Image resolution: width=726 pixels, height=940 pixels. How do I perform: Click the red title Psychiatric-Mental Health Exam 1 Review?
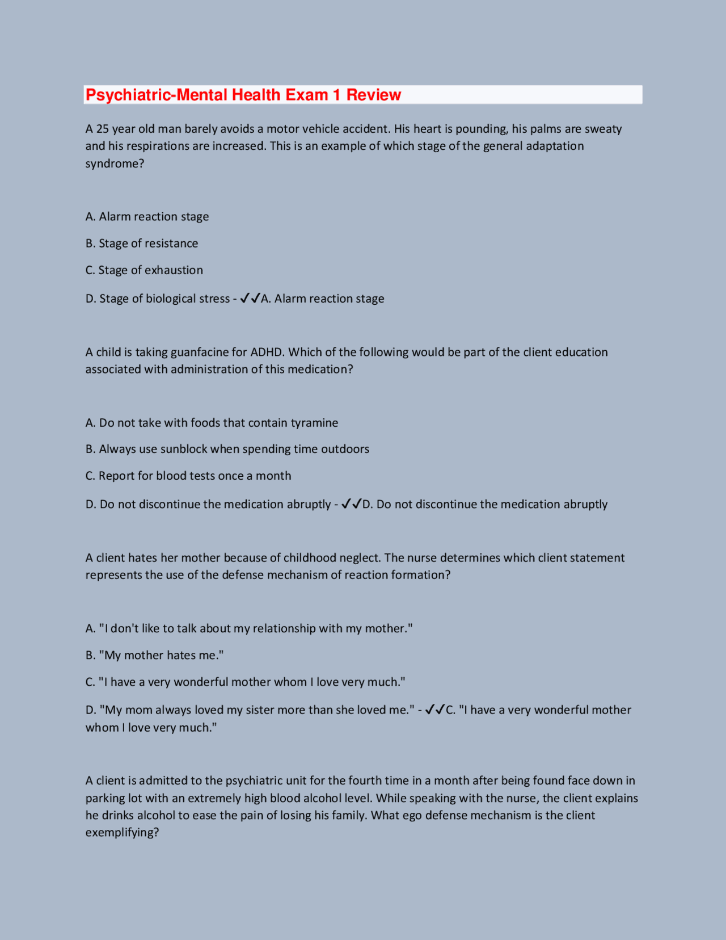coord(243,95)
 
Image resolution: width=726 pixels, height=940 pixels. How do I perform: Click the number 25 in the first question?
coord(102,129)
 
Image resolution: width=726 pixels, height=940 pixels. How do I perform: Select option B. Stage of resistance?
coord(142,244)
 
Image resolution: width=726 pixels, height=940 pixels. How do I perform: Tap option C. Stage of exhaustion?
coord(144,270)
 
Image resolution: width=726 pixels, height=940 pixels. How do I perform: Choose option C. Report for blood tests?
coord(188,476)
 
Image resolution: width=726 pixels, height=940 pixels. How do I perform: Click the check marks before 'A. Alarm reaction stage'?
coord(250,298)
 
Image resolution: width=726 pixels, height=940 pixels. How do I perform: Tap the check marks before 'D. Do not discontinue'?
coord(352,504)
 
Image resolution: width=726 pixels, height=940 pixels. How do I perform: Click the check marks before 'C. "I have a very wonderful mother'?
coord(435,710)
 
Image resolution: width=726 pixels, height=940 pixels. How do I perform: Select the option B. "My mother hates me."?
coord(154,655)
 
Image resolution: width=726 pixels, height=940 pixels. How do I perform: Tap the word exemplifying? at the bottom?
coord(122,833)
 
